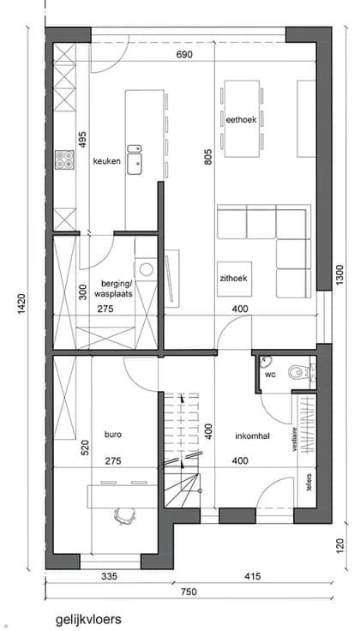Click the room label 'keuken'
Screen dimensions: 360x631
pyautogui.click(x=106, y=161)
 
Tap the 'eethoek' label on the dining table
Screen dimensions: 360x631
pyautogui.click(x=241, y=119)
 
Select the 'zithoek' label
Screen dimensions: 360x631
pyautogui.click(x=233, y=278)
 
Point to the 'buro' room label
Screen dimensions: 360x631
pyautogui.click(x=113, y=435)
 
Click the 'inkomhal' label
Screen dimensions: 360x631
pyautogui.click(x=252, y=436)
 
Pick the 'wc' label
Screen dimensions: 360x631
pyautogui.click(x=269, y=375)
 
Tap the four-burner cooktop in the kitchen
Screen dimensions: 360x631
pyautogui.click(x=65, y=159)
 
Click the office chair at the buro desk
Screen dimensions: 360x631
pyautogui.click(x=123, y=516)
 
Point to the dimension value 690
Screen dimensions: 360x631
pyautogui.click(x=184, y=54)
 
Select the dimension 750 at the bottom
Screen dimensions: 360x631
pyautogui.click(x=189, y=592)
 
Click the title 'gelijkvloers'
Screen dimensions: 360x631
pyautogui.click(x=88, y=618)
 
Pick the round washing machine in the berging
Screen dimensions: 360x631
pyautogui.click(x=146, y=269)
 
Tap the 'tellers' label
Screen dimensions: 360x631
pyautogui.click(x=309, y=481)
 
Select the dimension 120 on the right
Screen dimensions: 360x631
pyautogui.click(x=340, y=546)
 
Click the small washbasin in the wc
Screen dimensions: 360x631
pyautogui.click(x=265, y=362)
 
